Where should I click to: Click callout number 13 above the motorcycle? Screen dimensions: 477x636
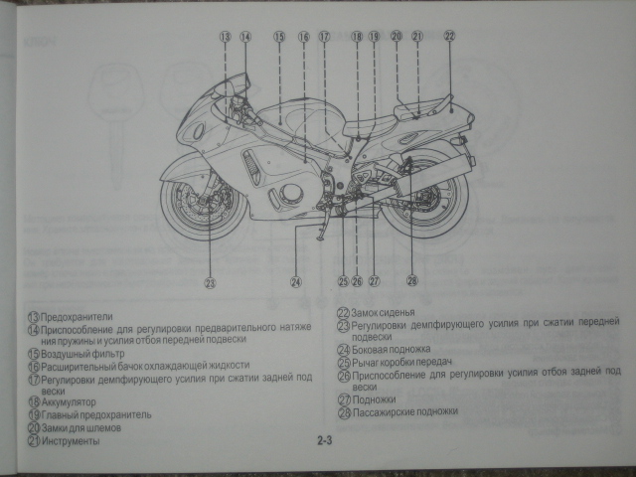226,37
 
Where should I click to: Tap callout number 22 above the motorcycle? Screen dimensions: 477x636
449,35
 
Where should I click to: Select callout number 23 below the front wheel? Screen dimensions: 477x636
210,282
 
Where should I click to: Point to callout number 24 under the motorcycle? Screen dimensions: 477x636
295,282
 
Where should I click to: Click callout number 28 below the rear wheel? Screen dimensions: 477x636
411,281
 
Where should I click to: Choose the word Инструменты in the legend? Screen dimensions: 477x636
71,440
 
